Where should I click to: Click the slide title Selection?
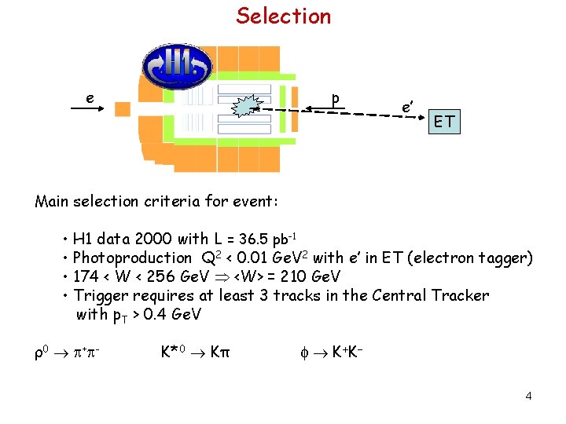click(284, 16)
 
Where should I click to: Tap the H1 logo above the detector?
click(176, 66)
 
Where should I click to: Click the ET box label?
click(444, 122)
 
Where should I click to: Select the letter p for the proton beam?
click(336, 100)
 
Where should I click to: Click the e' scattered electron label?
click(406, 106)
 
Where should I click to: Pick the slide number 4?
click(528, 395)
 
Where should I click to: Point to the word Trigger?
click(101, 295)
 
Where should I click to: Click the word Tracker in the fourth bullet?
click(460, 295)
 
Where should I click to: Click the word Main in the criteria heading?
click(52, 202)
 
